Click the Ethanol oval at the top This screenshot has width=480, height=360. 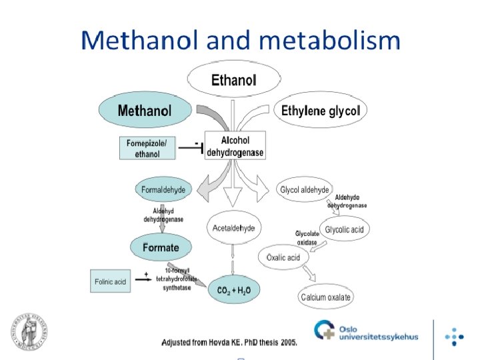point(233,81)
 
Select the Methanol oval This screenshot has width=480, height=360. point(145,111)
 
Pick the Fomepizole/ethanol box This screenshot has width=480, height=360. point(147,148)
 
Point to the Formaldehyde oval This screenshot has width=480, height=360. point(163,190)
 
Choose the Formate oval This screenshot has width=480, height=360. point(160,247)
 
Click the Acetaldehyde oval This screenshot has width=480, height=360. point(233,228)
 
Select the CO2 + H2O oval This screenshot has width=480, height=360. point(233,290)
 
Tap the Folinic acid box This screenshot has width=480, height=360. point(110,281)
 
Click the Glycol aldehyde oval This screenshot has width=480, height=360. point(304,190)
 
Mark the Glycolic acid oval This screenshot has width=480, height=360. point(344,230)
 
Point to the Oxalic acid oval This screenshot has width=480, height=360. point(283,257)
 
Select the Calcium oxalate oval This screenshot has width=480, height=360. point(326,297)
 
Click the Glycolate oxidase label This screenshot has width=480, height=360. point(307,238)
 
